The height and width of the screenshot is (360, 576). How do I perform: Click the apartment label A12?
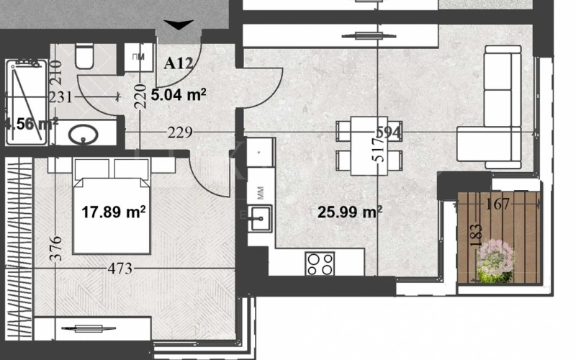[179, 63]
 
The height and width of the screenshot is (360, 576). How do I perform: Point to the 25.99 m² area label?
[350, 212]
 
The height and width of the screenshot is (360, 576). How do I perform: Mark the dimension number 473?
[120, 269]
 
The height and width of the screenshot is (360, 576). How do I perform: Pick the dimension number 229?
[179, 132]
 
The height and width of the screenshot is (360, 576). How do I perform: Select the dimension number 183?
[475, 235]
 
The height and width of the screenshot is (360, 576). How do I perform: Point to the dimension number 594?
[389, 132]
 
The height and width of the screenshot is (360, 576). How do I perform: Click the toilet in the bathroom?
[84, 56]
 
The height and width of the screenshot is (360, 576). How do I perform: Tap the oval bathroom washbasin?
[87, 134]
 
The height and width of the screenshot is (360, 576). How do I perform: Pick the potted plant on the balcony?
[495, 259]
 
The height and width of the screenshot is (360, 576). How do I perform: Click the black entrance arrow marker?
[177, 25]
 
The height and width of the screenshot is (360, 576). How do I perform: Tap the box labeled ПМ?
[139, 58]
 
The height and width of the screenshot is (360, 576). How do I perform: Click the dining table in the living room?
[364, 146]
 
